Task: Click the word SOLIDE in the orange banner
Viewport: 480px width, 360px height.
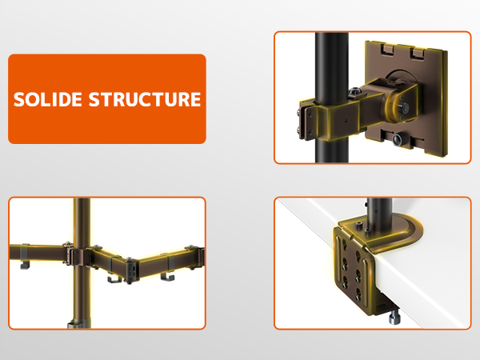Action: (x=48, y=99)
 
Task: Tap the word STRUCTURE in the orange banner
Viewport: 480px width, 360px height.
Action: (x=145, y=99)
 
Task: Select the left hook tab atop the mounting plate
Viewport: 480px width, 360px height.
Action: (x=388, y=49)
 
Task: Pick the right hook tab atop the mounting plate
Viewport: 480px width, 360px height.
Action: (x=418, y=53)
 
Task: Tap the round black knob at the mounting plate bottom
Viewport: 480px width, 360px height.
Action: (x=398, y=139)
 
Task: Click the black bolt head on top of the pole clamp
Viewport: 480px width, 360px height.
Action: (x=354, y=91)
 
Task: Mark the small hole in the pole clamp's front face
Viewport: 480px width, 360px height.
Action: (x=346, y=120)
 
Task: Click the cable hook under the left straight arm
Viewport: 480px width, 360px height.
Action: (x=25, y=265)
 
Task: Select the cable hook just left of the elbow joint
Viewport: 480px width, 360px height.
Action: (x=114, y=279)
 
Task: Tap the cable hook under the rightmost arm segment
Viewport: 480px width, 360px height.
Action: (x=167, y=277)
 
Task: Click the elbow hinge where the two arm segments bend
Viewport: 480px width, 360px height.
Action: (x=130, y=270)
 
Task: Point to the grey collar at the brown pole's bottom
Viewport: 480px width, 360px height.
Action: (x=79, y=323)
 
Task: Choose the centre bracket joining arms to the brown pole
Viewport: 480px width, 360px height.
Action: (x=79, y=256)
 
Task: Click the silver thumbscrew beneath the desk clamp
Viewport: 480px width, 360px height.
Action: (x=394, y=317)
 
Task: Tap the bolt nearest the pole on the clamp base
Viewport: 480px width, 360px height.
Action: (x=367, y=230)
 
